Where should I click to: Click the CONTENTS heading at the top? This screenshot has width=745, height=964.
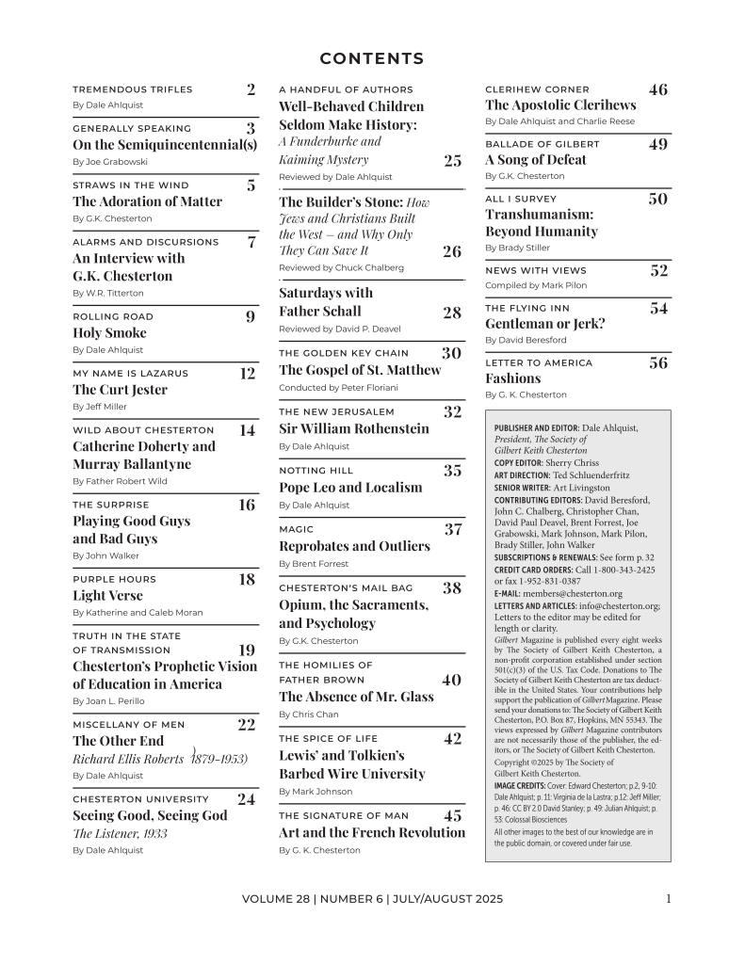click(x=372, y=59)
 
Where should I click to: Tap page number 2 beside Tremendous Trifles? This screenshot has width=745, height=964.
click(x=251, y=90)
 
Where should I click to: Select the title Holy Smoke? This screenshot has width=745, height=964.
click(x=109, y=333)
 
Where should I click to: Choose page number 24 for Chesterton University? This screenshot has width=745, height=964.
click(x=246, y=799)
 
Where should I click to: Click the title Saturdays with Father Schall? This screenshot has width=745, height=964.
click(x=326, y=302)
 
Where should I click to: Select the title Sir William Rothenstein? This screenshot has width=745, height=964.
click(x=353, y=428)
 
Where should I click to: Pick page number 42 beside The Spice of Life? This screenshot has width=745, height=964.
click(x=452, y=739)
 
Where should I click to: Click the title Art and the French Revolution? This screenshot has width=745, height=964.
click(x=371, y=832)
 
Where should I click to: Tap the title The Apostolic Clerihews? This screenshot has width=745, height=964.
click(x=560, y=105)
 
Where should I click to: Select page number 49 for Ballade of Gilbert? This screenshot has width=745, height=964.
click(x=658, y=144)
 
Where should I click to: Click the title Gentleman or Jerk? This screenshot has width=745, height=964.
click(x=544, y=323)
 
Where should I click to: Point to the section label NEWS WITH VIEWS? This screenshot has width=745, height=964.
click(x=535, y=271)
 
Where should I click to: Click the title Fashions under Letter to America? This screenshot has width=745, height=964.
click(x=512, y=378)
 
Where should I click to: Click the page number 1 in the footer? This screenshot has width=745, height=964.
click(x=668, y=899)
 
